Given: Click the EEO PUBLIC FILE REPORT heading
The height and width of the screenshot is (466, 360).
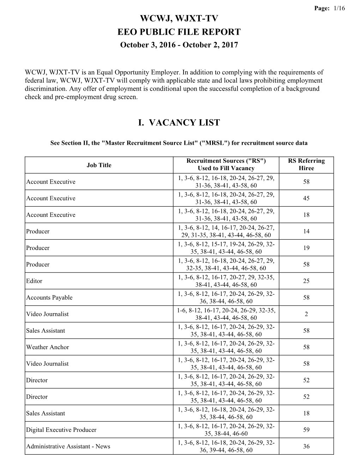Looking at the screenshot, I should click(179, 32).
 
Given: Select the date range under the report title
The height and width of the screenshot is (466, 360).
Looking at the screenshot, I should click(179, 45).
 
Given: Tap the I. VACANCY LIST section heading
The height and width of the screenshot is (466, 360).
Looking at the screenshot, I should click(179, 123).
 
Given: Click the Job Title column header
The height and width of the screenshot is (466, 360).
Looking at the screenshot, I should click(99, 165).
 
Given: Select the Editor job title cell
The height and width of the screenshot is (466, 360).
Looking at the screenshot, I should click(34, 281).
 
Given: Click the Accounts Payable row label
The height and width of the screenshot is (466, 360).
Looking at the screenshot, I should click(49, 298).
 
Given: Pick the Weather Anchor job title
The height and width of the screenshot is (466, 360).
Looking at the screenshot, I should click(47, 347).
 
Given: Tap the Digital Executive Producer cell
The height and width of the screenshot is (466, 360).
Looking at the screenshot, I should click(61, 430).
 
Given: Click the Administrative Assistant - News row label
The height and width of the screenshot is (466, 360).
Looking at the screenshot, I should click(68, 446).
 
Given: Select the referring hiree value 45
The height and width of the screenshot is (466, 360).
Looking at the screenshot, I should click(306, 198).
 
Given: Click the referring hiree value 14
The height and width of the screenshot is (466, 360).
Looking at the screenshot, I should click(306, 231).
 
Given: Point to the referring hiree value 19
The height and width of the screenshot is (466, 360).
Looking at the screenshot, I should click(306, 248).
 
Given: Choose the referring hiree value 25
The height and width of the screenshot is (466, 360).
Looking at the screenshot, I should click(306, 281).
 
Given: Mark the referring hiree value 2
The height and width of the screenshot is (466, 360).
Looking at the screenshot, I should click(306, 314).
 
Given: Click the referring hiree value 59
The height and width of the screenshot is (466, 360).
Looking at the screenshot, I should click(306, 430).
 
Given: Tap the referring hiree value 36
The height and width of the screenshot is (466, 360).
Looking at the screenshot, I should click(306, 446).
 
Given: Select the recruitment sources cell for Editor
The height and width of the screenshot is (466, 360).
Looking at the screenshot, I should click(226, 281).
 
